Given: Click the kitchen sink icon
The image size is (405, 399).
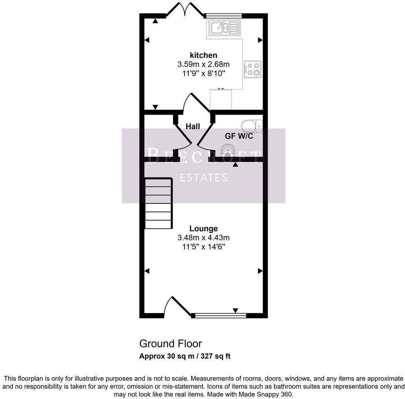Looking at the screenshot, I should (x=224, y=28).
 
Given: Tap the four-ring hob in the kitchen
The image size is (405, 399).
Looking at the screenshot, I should (x=252, y=69).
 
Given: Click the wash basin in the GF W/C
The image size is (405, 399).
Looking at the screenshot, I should (x=228, y=150).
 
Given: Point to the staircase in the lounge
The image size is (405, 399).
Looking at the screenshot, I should (x=159, y=203).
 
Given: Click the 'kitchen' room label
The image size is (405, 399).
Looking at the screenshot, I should (x=203, y=55).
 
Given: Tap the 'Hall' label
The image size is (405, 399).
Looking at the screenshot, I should (x=193, y=126).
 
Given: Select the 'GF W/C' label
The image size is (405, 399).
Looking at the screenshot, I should (x=239, y=136).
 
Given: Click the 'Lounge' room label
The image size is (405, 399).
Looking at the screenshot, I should (x=203, y=229).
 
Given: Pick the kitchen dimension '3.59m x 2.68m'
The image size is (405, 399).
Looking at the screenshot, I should (x=203, y=64).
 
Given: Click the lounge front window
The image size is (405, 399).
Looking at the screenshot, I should (x=219, y=315).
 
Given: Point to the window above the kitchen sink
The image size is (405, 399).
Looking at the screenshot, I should (x=223, y=16).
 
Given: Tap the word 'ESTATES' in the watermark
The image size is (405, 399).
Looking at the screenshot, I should (x=203, y=178).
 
